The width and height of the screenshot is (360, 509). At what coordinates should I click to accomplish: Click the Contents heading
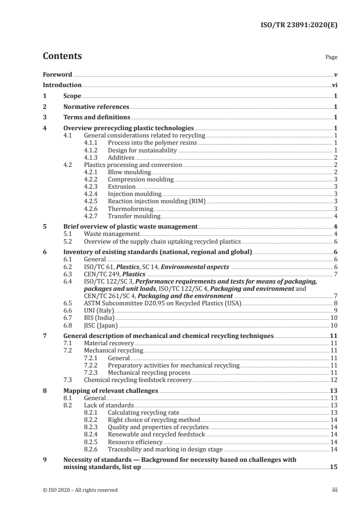(x=62, y=57)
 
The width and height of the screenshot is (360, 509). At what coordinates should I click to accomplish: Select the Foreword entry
(x=57, y=74)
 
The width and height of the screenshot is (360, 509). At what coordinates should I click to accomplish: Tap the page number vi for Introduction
(x=334, y=85)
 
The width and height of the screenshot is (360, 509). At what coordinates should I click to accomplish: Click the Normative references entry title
(x=96, y=107)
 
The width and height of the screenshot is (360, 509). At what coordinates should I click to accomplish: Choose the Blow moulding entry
(x=129, y=172)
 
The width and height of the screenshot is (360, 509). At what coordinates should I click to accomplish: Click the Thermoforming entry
(x=130, y=208)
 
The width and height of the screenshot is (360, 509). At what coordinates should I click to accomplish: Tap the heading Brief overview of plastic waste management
(x=130, y=226)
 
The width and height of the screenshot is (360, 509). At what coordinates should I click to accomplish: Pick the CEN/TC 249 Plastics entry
(x=115, y=274)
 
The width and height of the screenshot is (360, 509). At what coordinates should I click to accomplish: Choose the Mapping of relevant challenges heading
(x=110, y=390)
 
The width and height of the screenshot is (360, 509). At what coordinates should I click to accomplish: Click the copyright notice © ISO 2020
(x=80, y=489)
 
